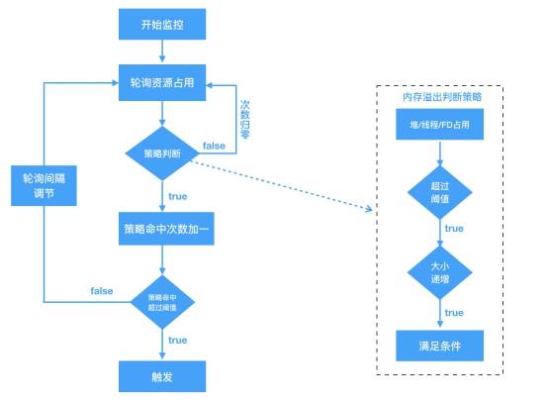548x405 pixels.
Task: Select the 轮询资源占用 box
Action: [x=163, y=84]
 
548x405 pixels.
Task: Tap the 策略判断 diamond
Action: [x=162, y=153]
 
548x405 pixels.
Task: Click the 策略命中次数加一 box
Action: [x=163, y=229]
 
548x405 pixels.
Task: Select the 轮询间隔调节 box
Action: [x=45, y=184]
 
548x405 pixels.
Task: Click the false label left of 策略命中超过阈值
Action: [x=102, y=291]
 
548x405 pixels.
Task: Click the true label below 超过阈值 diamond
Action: [x=454, y=229]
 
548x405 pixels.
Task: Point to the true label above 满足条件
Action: [x=454, y=313]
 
